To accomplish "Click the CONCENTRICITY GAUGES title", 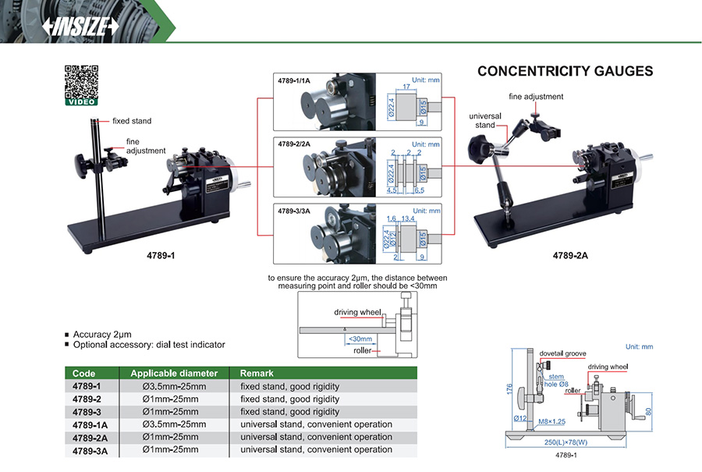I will [565, 71].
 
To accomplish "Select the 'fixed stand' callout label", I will [132, 121].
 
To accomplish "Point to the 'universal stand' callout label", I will [485, 120].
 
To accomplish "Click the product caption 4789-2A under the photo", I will [569, 255].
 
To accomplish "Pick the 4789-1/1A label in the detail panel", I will [294, 80].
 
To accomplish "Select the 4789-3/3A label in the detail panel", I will [294, 210].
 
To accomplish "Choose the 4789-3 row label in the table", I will [87, 411].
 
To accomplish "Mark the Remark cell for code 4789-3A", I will [316, 449].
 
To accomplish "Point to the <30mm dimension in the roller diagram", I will [360, 339].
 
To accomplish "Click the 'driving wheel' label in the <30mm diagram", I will [357, 312].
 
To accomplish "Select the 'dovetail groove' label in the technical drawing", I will [564, 353].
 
